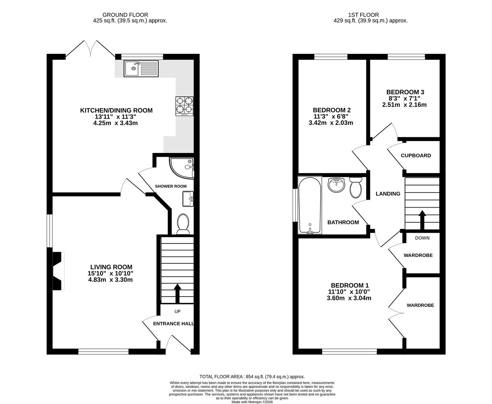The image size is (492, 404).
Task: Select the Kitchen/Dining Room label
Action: pyautogui.click(x=117, y=110)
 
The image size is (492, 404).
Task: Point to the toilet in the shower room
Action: pyautogui.click(x=183, y=224)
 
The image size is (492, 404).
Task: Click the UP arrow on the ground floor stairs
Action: pyautogui.click(x=177, y=294)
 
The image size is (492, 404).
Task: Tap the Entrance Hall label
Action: pyautogui.click(x=173, y=324)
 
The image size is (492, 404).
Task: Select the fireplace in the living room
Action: pyautogui.click(x=57, y=270)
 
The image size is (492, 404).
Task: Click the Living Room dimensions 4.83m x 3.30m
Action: pyautogui.click(x=110, y=279)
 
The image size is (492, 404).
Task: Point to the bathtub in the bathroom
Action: pyautogui.click(x=310, y=205)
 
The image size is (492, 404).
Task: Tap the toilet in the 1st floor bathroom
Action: pyautogui.click(x=355, y=187)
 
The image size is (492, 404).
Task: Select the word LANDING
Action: pyautogui.click(x=388, y=194)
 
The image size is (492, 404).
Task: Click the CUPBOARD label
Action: pyautogui.click(x=416, y=156)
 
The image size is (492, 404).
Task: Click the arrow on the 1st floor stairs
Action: pyautogui.click(x=422, y=220)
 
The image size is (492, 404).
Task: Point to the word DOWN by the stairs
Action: pyautogui.click(x=422, y=238)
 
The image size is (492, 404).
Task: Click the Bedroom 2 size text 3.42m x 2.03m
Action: pyautogui.click(x=331, y=123)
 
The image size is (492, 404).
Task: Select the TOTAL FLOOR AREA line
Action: pyautogui.click(x=252, y=377)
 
